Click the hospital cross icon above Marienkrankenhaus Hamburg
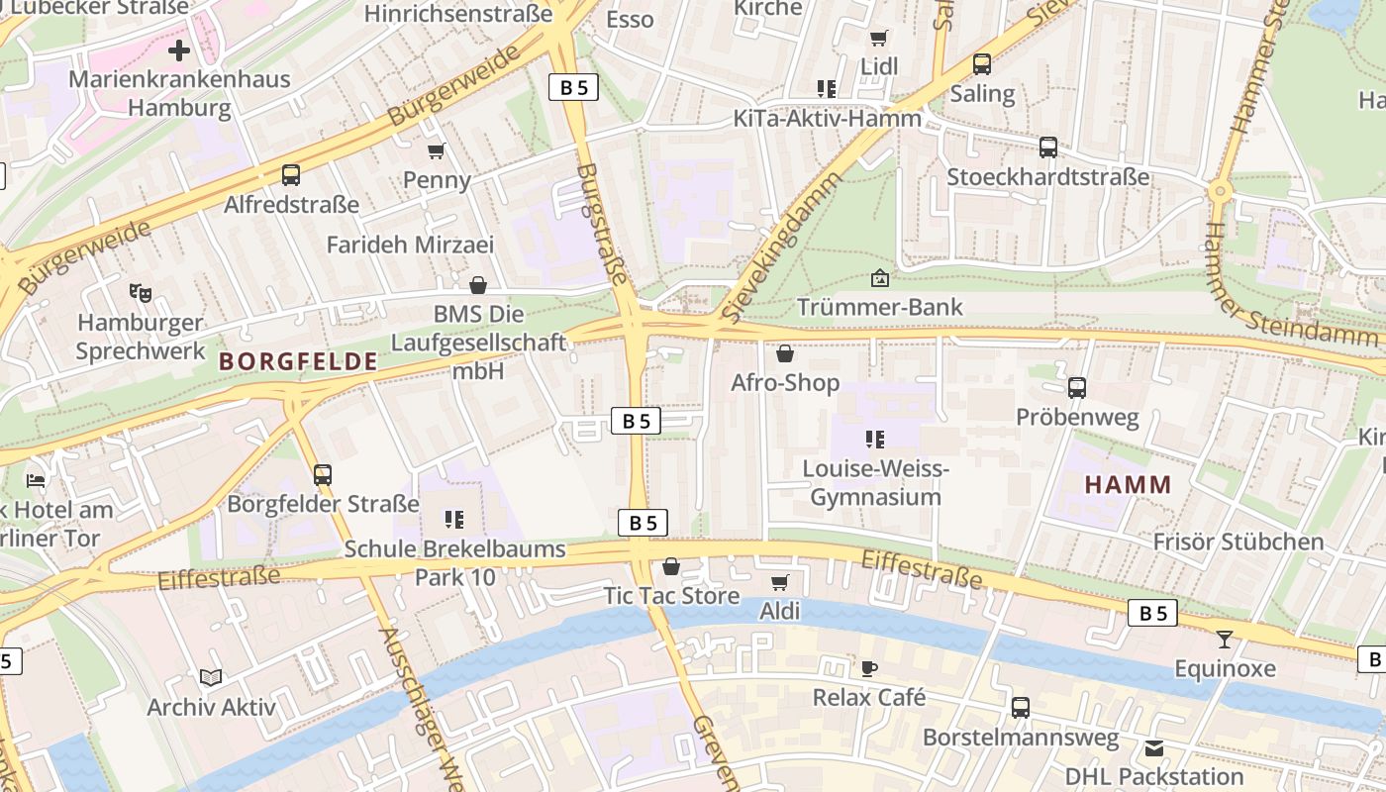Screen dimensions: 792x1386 click(179, 49)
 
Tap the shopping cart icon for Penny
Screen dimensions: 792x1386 click(436, 151)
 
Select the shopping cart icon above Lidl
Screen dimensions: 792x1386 click(878, 38)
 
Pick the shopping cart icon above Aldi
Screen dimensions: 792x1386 click(779, 582)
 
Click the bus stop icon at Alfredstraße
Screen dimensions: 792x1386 click(290, 175)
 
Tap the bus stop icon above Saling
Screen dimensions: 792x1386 click(981, 64)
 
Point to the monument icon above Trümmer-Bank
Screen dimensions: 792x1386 click(879, 278)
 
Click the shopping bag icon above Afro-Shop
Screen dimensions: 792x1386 click(785, 353)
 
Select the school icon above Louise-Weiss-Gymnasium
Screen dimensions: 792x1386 click(874, 439)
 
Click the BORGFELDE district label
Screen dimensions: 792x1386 click(299, 361)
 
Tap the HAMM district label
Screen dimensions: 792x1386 click(1128, 485)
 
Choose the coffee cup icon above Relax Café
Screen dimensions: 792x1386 click(868, 668)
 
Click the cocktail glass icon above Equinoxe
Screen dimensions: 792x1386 click(1225, 640)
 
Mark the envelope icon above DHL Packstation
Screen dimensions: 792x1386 click(1154, 748)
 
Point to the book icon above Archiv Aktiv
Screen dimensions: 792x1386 click(211, 678)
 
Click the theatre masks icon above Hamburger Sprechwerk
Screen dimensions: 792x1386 click(141, 293)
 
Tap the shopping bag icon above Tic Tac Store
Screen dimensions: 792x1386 click(671, 566)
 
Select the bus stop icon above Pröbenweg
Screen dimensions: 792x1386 click(1077, 388)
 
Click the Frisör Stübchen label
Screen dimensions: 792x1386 click(1237, 542)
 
